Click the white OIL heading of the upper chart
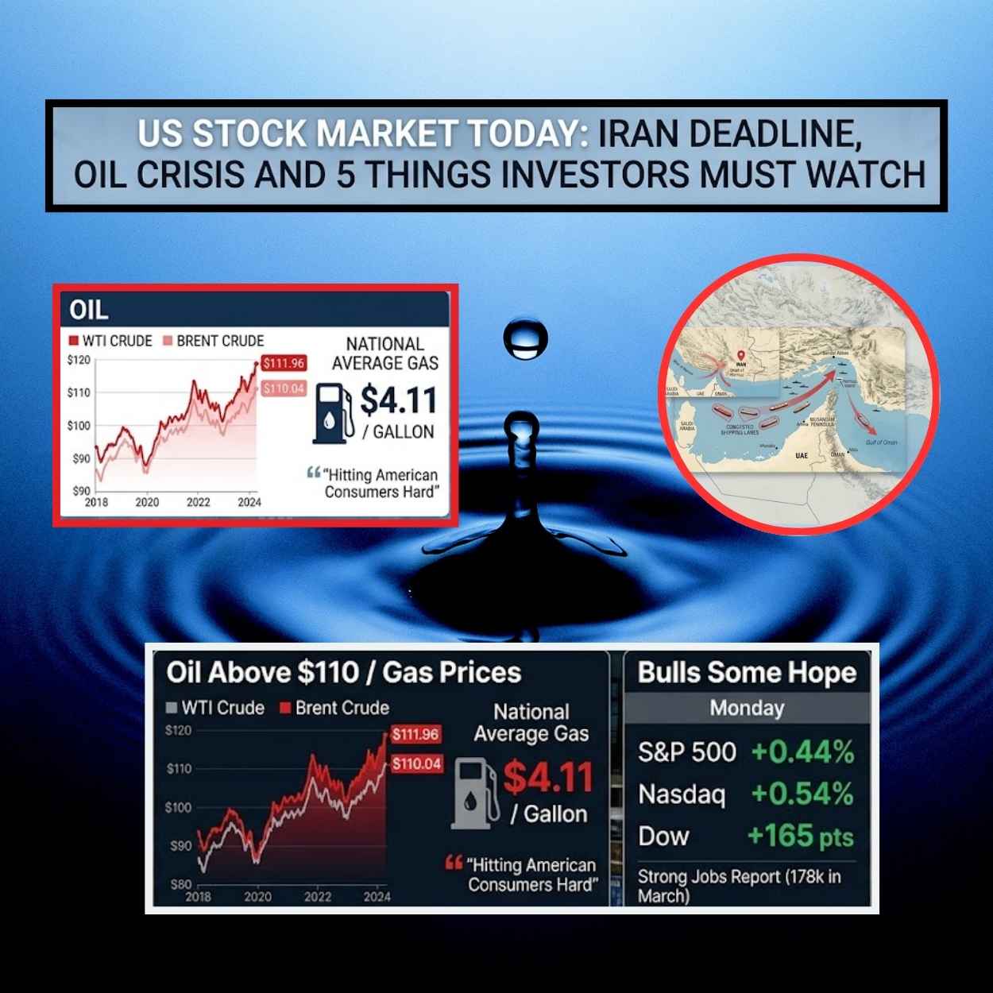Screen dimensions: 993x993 [x=88, y=309]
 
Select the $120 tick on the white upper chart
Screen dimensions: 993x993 [x=78, y=360]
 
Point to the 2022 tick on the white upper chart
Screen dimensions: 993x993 [x=198, y=502]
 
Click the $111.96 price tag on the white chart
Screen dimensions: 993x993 [x=284, y=363]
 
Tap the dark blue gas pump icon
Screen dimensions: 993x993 [x=333, y=412]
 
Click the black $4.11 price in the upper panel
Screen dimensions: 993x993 [x=399, y=400]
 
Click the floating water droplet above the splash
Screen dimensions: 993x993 [x=525, y=338]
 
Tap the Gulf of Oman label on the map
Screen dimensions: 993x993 [x=881, y=442]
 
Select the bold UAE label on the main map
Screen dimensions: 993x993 [x=801, y=456]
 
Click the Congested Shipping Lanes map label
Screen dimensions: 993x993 [x=740, y=430]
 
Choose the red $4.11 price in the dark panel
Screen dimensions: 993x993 [x=548, y=777]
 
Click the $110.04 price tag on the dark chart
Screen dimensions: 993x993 [x=416, y=764]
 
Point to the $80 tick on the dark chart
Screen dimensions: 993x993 [x=180, y=884]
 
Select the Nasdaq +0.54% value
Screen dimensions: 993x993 [x=802, y=794]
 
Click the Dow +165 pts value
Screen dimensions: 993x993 [x=800, y=837]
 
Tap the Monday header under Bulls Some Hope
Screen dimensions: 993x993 [x=747, y=708]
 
